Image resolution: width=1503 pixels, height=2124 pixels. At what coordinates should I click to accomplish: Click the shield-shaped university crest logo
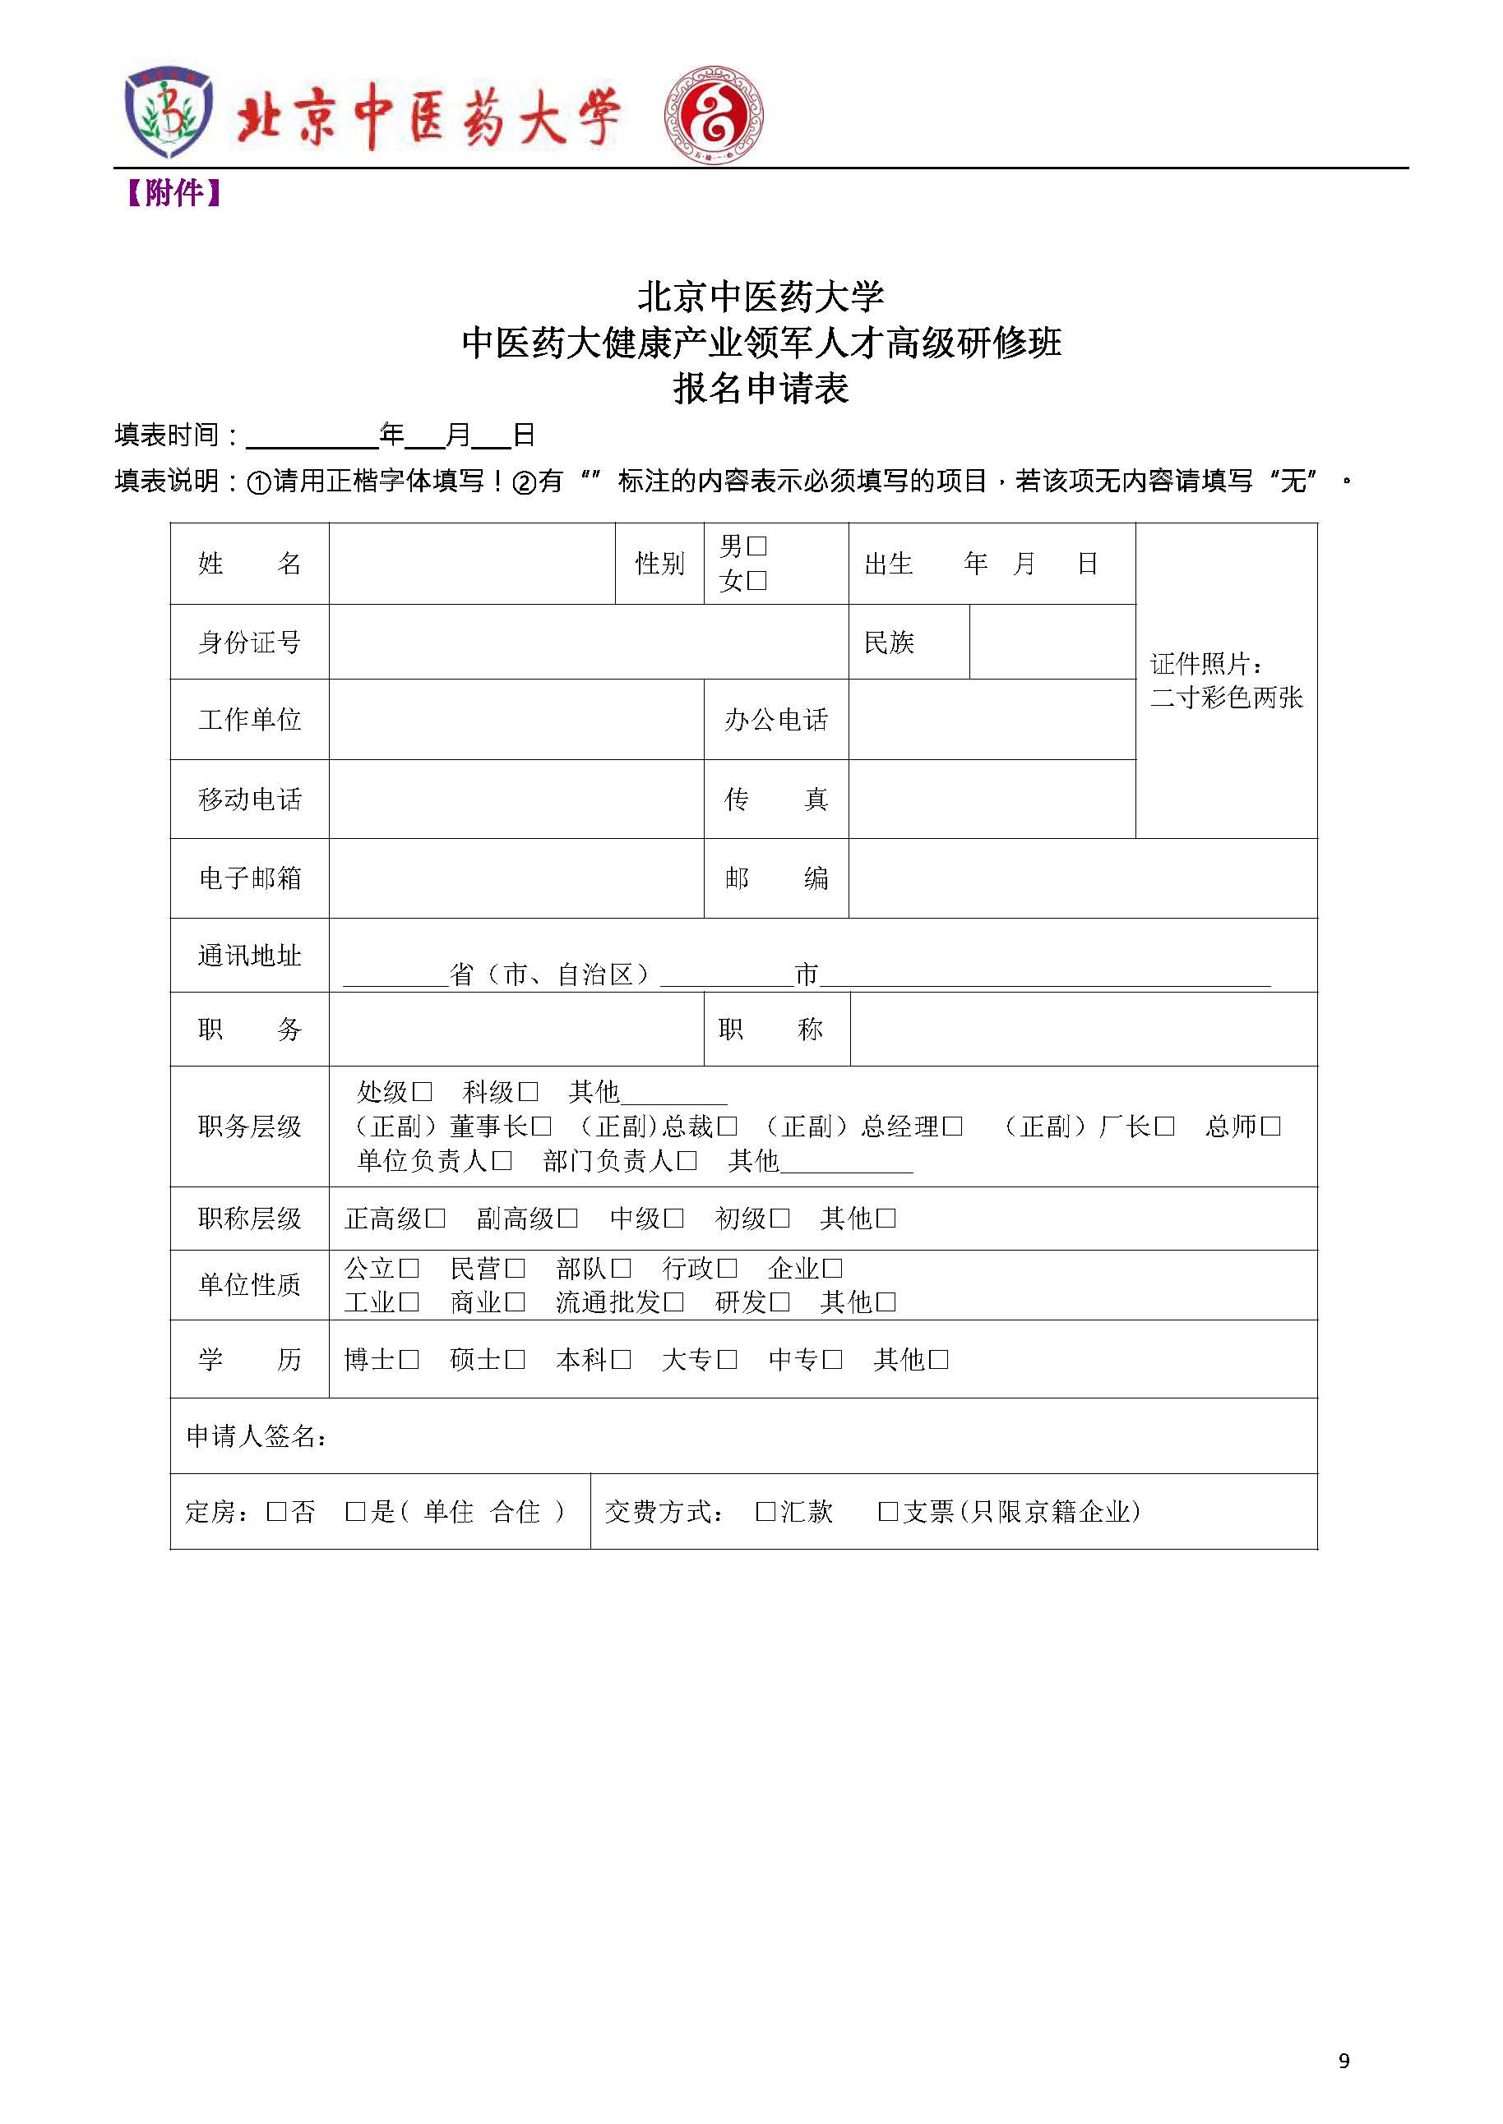pos(169,116)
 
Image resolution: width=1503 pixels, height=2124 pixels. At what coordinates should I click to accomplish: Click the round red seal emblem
pos(714,116)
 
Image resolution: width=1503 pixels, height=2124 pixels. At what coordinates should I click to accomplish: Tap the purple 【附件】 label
pos(173,193)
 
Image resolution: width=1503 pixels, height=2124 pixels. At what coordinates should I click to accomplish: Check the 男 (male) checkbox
pos(756,546)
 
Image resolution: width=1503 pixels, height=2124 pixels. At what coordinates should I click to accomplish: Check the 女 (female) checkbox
pos(756,581)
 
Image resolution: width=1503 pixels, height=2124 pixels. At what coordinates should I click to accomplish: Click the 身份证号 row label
pos(249,642)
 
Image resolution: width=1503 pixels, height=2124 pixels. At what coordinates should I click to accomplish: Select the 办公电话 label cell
pos(775,720)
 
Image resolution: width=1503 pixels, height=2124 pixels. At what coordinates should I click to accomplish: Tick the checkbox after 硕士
pos(515,1360)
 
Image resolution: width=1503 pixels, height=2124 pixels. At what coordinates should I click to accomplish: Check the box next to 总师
pos(1270,1127)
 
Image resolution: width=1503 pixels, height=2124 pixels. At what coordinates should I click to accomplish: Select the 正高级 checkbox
pos(435,1219)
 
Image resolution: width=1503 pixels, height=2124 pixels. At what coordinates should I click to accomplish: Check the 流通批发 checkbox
pos(673,1302)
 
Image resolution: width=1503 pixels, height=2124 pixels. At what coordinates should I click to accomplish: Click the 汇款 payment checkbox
pos(765,1512)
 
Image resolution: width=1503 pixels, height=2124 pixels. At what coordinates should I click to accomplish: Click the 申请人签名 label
pos(257,1436)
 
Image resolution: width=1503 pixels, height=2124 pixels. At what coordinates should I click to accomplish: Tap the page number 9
pos(1343,2061)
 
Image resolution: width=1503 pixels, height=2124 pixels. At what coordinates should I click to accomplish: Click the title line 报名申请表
pos(761,389)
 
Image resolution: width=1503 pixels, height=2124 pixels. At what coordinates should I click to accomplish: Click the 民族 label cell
pos(889,642)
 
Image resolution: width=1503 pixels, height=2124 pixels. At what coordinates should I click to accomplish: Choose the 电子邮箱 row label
pos(249,878)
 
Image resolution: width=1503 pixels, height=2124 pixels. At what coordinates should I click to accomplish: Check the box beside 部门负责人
pos(687,1161)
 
